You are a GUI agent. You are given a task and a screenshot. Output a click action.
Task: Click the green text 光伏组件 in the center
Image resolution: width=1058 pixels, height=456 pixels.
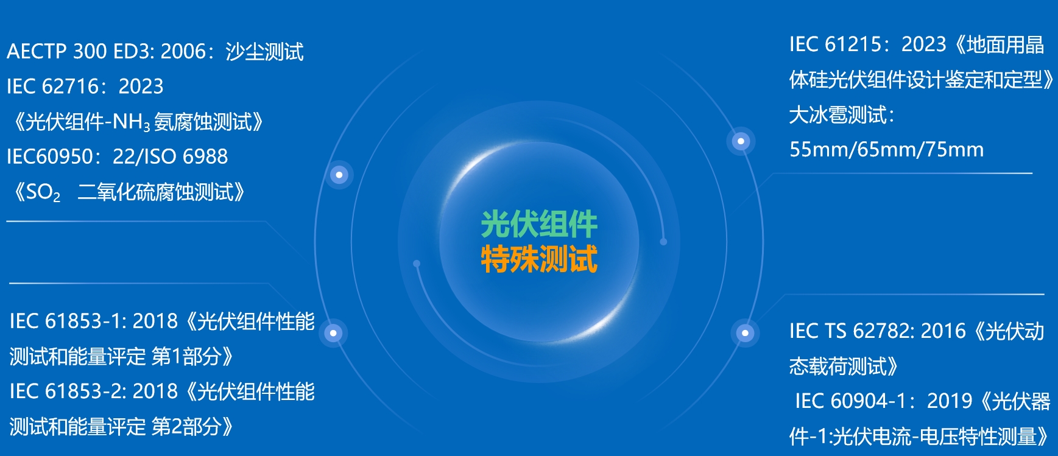(539, 225)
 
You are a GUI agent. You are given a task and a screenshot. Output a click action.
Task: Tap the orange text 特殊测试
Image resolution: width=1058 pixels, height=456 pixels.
(539, 259)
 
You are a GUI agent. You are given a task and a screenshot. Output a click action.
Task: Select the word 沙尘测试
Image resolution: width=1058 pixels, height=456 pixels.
(264, 51)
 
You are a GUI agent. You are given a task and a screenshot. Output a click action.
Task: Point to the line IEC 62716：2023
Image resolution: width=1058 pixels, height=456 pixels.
(85, 86)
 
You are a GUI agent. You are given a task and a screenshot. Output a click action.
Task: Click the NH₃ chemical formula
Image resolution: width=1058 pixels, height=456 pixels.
(131, 122)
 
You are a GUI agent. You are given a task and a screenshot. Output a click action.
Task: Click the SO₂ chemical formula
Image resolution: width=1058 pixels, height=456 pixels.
(43, 193)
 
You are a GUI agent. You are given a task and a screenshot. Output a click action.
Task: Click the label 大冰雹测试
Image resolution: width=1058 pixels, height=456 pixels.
(838, 115)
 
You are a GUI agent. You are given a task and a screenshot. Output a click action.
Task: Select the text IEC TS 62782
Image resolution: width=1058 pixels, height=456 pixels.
(850, 331)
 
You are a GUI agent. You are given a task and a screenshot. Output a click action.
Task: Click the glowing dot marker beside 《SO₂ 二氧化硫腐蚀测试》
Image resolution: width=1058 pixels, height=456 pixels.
(339, 175)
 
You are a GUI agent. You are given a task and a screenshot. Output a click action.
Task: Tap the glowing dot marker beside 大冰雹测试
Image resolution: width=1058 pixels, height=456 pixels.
(741, 141)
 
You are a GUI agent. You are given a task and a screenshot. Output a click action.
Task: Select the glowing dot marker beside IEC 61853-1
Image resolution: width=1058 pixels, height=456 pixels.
(333, 333)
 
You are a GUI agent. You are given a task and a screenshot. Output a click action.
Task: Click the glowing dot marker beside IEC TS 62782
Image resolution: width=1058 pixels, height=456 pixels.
(745, 333)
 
